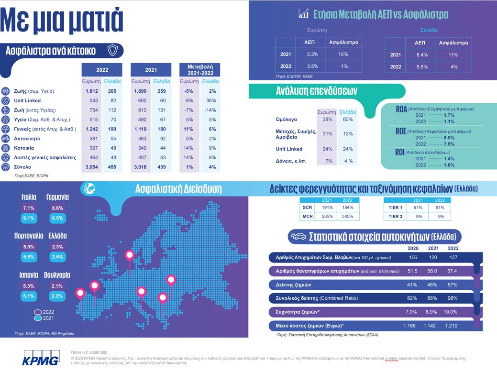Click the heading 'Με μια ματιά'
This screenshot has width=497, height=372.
click(62, 21)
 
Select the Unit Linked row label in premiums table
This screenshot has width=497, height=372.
click(27, 100)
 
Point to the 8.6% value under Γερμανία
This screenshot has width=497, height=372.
click(57, 208)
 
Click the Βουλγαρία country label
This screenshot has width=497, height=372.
click(57, 275)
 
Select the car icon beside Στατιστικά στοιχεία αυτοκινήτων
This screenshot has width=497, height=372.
click(298, 236)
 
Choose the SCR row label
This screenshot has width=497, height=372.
click(307, 208)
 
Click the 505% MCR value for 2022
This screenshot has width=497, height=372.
click(348, 217)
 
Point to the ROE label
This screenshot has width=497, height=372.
click(401, 131)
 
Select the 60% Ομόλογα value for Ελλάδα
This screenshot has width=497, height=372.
click(348, 120)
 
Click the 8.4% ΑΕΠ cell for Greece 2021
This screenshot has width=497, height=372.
click(422, 55)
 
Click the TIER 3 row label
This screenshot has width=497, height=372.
click(395, 217)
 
